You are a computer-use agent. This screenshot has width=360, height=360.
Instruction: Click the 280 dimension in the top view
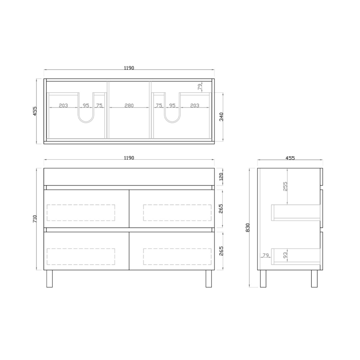[x=129, y=105]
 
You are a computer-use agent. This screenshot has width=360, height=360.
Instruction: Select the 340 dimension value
[x=222, y=117]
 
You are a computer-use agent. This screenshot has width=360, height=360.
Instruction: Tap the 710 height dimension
[x=35, y=219]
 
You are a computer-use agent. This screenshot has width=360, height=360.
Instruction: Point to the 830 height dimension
[x=248, y=227]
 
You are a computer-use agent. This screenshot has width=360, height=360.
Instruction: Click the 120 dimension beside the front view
[x=222, y=177]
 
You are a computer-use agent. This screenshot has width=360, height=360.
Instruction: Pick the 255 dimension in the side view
[x=285, y=186]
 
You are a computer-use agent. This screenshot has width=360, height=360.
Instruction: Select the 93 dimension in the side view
[x=285, y=255]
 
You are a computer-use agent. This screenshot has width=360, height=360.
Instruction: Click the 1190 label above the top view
[x=129, y=68]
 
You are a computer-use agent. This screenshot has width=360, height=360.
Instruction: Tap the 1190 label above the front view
[x=129, y=158]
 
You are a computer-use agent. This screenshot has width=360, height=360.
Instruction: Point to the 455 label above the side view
[x=290, y=158]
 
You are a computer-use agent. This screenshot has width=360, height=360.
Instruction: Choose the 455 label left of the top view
[x=35, y=111]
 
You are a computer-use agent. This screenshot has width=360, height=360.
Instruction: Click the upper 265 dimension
[x=222, y=208]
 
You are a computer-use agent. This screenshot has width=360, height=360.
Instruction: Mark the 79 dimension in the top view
[x=200, y=87]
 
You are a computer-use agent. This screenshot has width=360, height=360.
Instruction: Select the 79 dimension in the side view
[x=266, y=255]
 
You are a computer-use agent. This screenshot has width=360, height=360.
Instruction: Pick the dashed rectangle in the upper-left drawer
[x=80, y=213]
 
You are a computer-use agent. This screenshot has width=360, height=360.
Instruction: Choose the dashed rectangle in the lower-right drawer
[x=177, y=256]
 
